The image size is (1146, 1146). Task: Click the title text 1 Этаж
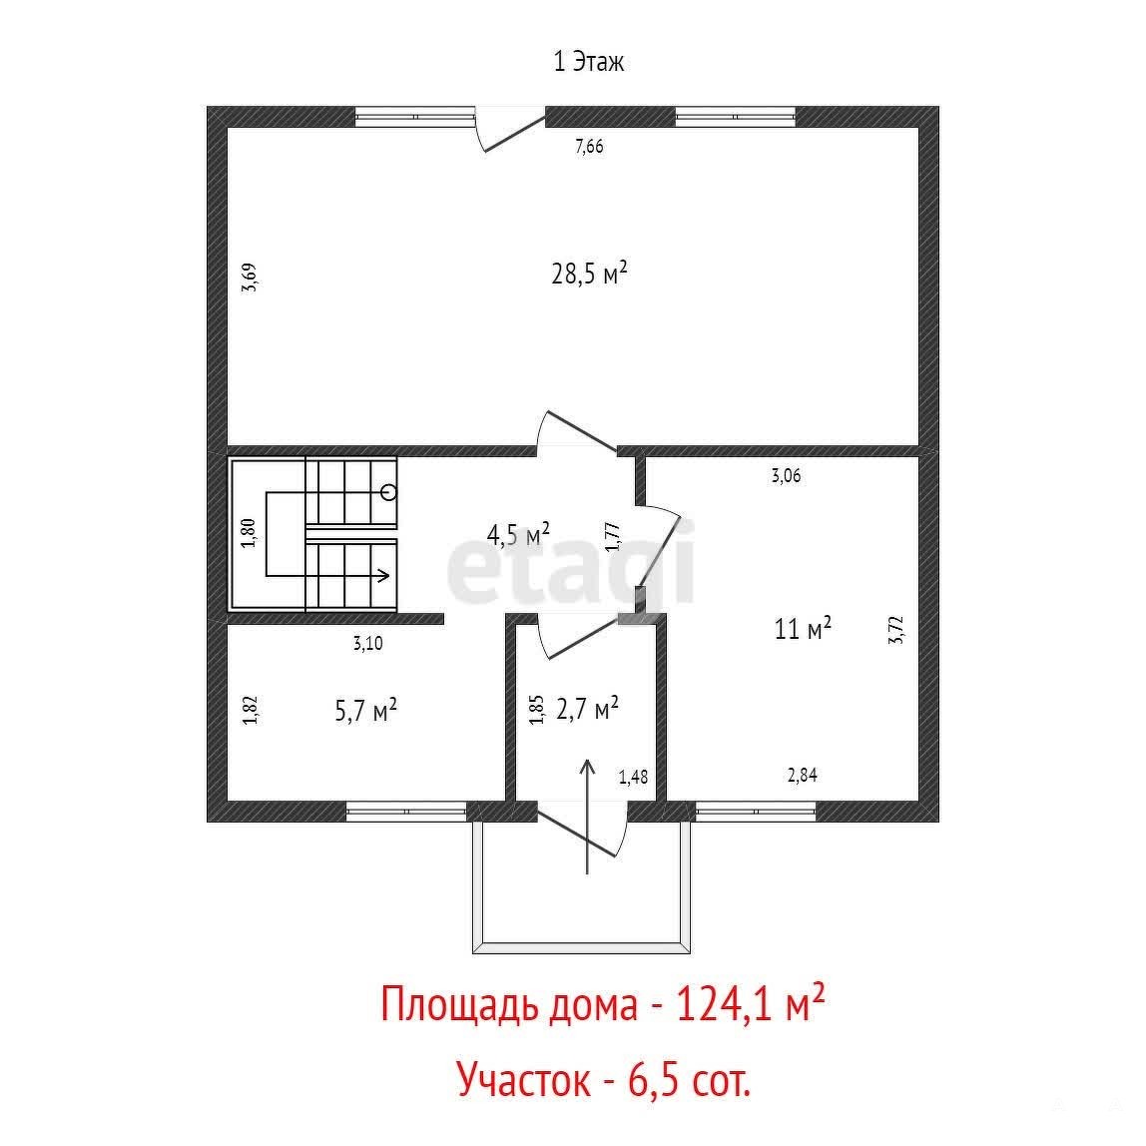tap(588, 62)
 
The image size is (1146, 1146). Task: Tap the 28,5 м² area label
tap(589, 274)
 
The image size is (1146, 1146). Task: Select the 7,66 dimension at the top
tap(589, 146)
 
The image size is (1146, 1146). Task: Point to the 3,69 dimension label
tap(250, 278)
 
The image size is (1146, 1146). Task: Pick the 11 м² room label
tap(804, 628)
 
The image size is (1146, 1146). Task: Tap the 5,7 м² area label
tap(366, 710)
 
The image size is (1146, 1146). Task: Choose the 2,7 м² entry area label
tap(588, 708)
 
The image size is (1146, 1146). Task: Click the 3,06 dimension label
tap(787, 476)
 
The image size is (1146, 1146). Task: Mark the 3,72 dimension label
tap(896, 630)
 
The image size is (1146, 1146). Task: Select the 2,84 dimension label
tap(802, 775)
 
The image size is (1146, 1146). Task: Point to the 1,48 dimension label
tap(633, 777)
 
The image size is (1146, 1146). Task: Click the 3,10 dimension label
tap(367, 644)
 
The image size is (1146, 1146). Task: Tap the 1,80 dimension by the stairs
tap(249, 533)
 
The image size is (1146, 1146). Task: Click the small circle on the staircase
tap(389, 492)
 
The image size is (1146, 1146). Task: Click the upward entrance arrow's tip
tap(587, 761)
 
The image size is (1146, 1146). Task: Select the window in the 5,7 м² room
tap(405, 811)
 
